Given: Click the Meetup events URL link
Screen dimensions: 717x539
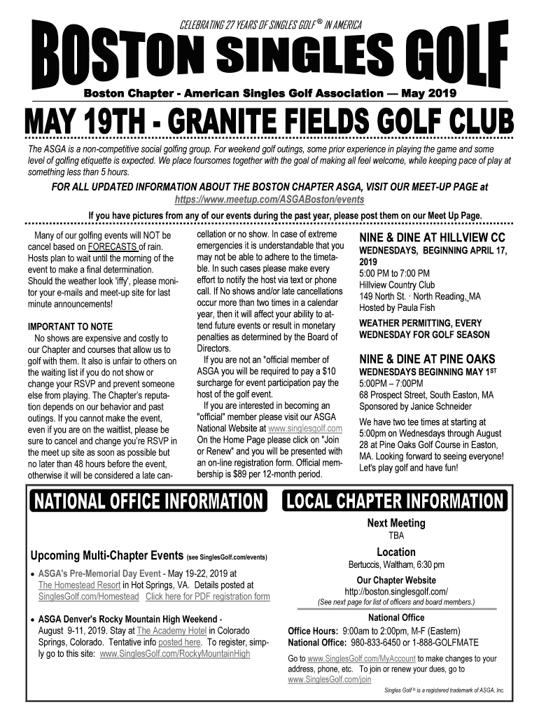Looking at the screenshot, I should click(x=269, y=200).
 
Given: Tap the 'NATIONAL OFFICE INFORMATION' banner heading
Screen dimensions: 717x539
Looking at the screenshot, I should click(x=146, y=501).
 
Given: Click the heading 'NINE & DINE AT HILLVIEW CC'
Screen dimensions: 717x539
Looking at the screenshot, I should click(x=432, y=237).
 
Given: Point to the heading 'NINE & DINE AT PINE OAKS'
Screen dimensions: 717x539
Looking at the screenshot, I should click(x=425, y=361).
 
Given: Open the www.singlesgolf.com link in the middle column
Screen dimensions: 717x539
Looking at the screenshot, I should click(x=304, y=429).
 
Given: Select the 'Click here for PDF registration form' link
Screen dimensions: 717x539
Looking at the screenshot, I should click(x=207, y=597).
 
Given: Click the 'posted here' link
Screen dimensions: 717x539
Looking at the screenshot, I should click(x=180, y=642).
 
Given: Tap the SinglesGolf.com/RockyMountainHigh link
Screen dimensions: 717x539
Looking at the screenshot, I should click(x=175, y=654).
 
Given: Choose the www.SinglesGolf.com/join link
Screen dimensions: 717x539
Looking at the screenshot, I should click(x=330, y=679).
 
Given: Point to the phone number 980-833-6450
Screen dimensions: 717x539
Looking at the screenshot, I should click(x=378, y=642).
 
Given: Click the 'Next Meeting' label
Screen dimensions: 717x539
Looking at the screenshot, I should click(x=395, y=523).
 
